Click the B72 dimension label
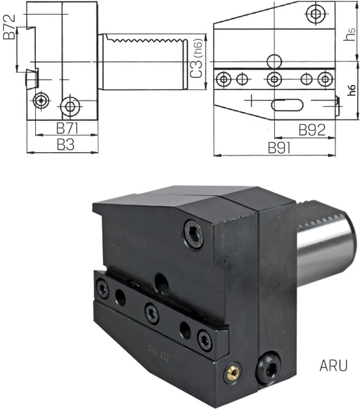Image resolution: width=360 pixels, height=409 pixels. click(x=9, y=27)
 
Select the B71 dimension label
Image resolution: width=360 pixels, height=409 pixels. click(x=67, y=128)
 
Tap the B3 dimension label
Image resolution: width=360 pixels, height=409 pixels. click(x=65, y=144)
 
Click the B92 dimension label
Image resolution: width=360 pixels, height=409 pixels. click(x=312, y=130)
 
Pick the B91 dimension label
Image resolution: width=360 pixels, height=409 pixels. click(x=279, y=148)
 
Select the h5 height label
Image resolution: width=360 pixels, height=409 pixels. click(x=349, y=35)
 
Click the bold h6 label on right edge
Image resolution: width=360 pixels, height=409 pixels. click(x=352, y=90)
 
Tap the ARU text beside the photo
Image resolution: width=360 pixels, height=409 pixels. click(x=333, y=366)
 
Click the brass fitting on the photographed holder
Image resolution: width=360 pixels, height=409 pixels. click(x=232, y=372)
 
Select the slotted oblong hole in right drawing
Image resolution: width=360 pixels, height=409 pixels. click(x=287, y=105)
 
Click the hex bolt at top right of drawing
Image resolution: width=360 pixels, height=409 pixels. click(x=315, y=13)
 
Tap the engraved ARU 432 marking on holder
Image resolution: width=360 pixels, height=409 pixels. click(x=158, y=353)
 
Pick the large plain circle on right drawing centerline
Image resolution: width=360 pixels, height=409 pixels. click(x=274, y=61)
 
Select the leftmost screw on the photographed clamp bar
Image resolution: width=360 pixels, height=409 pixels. click(x=102, y=288)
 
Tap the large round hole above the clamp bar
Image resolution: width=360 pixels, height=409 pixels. click(x=161, y=282)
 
